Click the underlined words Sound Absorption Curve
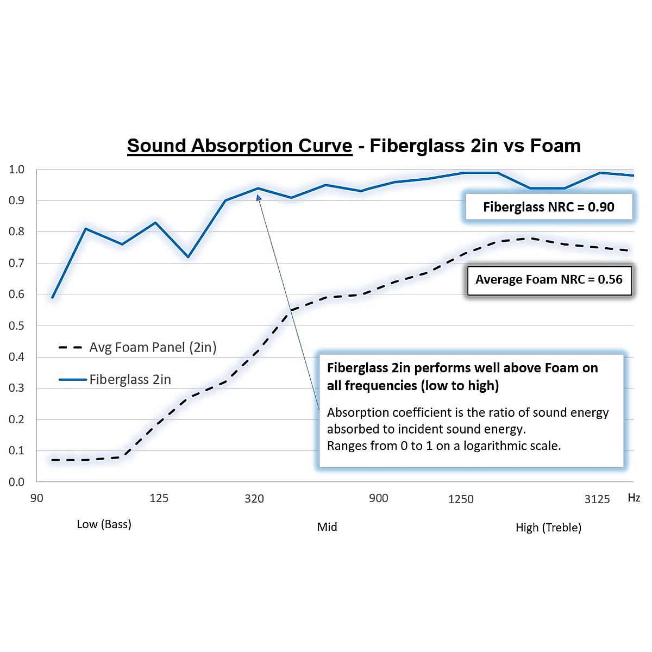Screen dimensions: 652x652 tap(240, 146)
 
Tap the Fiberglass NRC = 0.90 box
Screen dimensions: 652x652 tap(548, 207)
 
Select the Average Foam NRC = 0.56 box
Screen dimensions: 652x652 tap(549, 280)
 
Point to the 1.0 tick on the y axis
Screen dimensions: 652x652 tap(17, 170)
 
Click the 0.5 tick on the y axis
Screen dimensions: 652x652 tap(17, 325)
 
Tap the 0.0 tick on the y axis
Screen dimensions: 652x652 tap(17, 482)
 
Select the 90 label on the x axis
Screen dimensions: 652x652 tap(36, 498)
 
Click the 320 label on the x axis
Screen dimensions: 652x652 tap(254, 499)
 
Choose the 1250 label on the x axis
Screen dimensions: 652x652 tap(461, 499)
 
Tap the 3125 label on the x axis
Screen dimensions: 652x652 tap(597, 499)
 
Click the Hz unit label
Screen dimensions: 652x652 tap(634, 498)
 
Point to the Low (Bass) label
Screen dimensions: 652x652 tap(104, 524)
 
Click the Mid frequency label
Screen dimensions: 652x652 tap(327, 527)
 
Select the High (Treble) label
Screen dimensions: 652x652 tap(548, 528)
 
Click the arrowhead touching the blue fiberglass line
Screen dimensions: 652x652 tap(259, 197)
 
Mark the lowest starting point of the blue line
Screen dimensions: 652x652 tap(53, 297)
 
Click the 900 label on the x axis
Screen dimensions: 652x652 tap(379, 498)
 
